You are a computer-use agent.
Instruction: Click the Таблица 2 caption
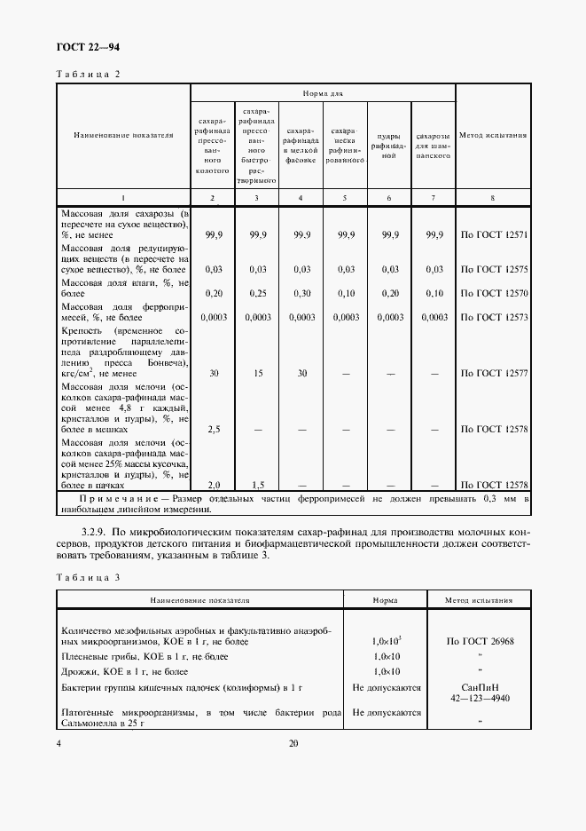[x=87, y=74]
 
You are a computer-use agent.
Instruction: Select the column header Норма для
[x=323, y=91]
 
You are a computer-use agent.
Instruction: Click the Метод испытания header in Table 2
[x=493, y=136]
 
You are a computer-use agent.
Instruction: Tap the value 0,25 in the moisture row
[x=257, y=293]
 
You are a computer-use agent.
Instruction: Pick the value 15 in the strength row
[x=257, y=373]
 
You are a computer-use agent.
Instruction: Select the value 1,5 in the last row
[x=257, y=485]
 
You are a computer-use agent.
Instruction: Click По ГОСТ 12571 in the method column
[x=494, y=235]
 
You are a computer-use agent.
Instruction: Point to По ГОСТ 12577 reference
[x=494, y=373]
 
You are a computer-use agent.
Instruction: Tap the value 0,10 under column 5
[x=345, y=293]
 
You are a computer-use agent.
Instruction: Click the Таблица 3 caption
[x=87, y=577]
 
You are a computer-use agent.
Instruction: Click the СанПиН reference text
[x=479, y=687]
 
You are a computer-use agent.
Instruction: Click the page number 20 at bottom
[x=293, y=744]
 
